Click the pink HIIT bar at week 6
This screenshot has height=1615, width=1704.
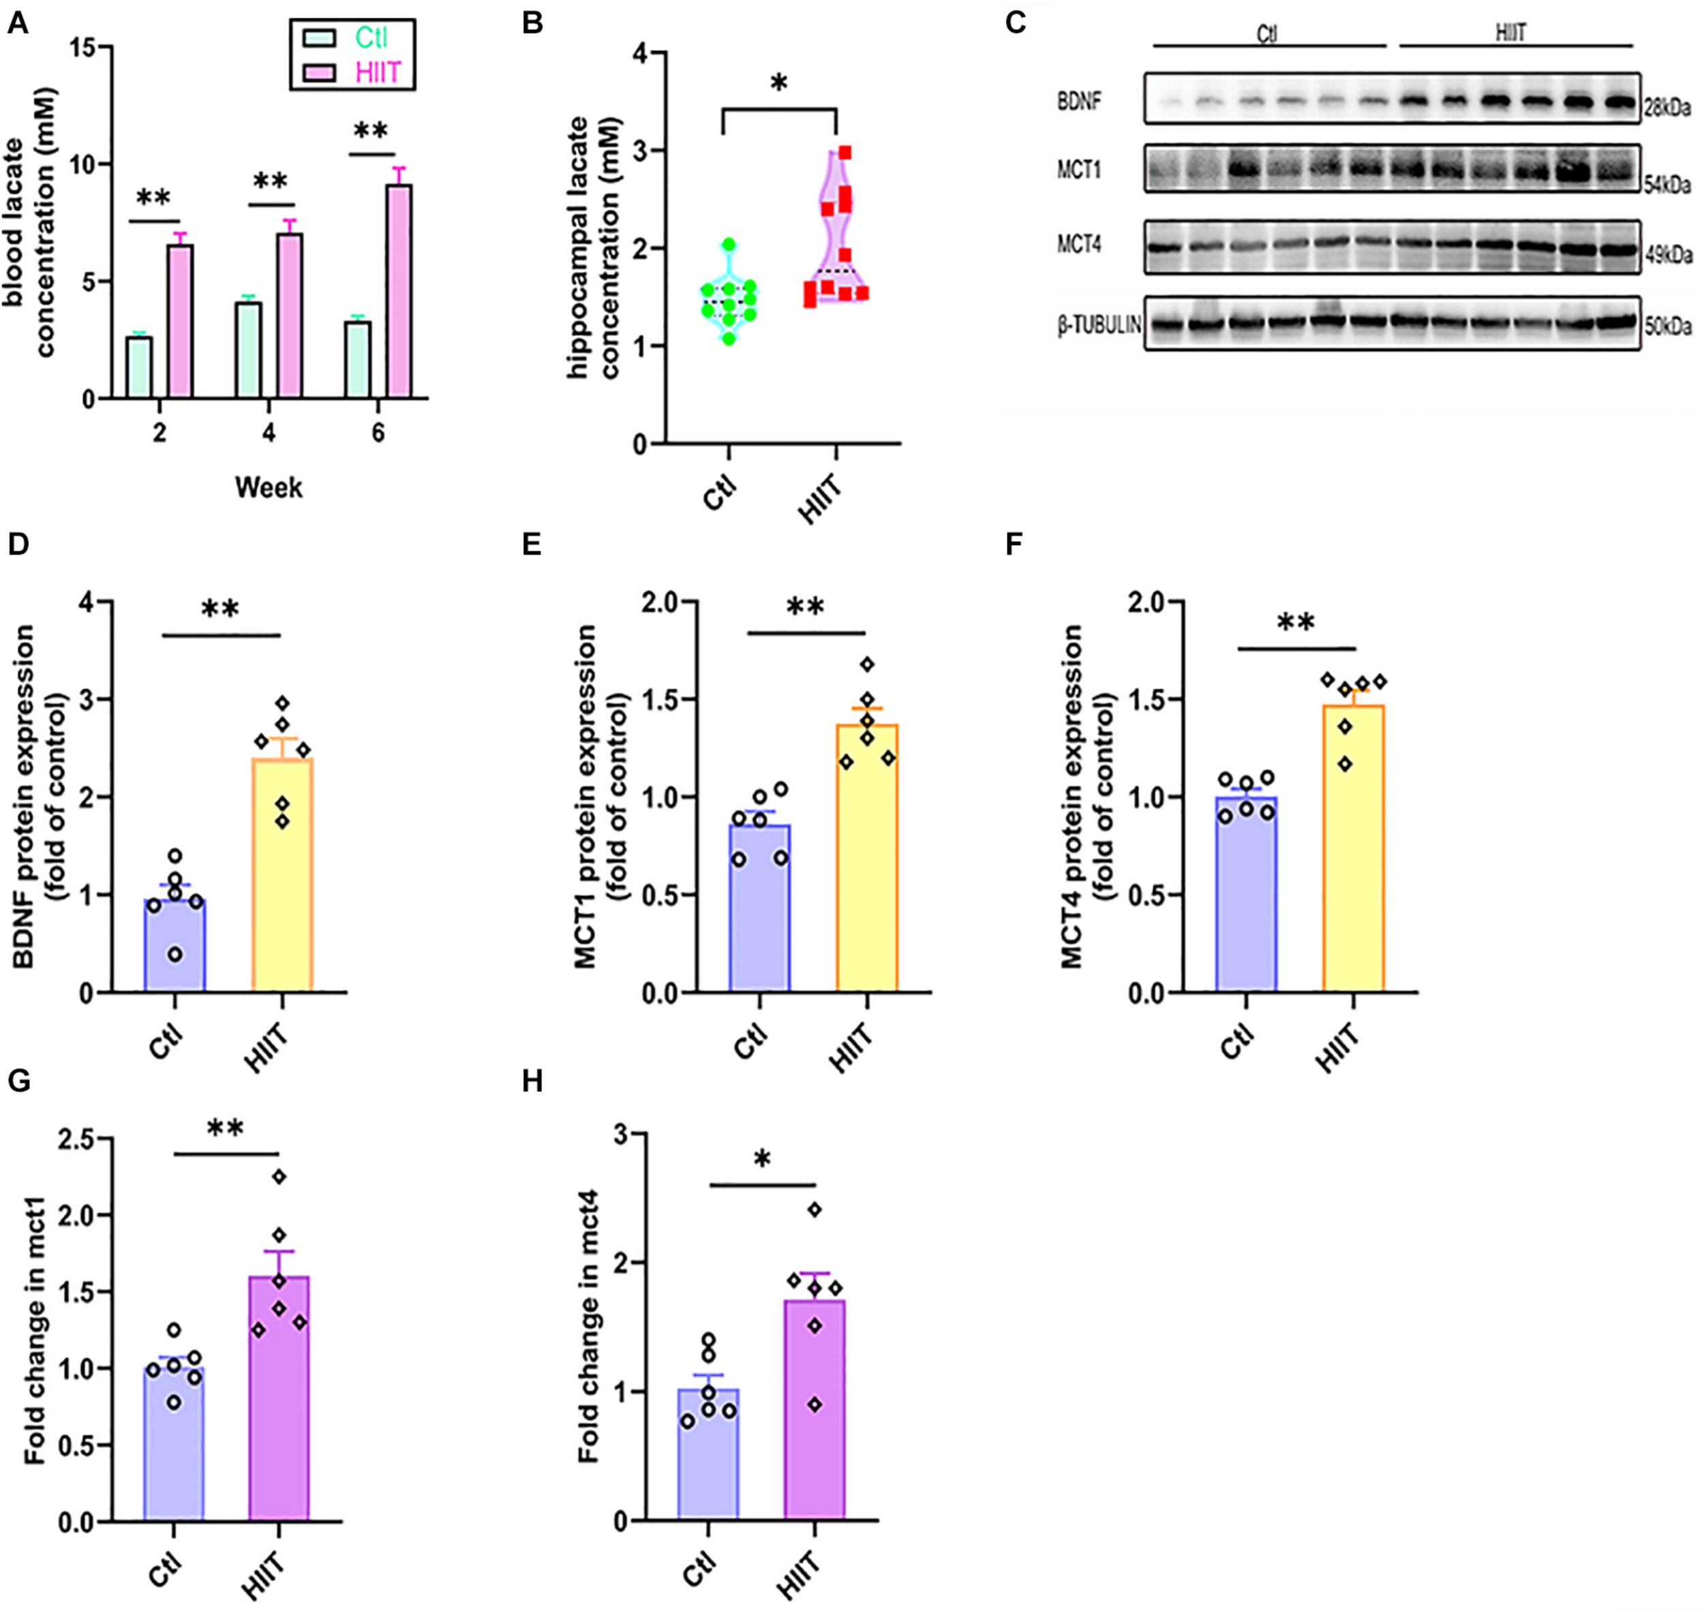pyautogui.click(x=399, y=293)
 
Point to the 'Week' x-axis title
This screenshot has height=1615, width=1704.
pyautogui.click(x=269, y=487)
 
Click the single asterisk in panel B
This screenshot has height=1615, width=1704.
pyautogui.click(x=778, y=84)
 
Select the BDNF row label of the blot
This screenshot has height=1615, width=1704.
pyautogui.click(x=1079, y=102)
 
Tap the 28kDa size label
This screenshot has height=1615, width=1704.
pyautogui.click(x=1668, y=109)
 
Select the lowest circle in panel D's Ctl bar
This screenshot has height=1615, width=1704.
pyautogui.click(x=174, y=954)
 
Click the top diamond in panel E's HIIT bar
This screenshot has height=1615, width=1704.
pyautogui.click(x=867, y=664)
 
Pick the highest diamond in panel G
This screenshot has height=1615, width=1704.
pyautogui.click(x=279, y=1176)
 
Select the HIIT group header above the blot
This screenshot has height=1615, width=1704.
pyautogui.click(x=1511, y=33)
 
